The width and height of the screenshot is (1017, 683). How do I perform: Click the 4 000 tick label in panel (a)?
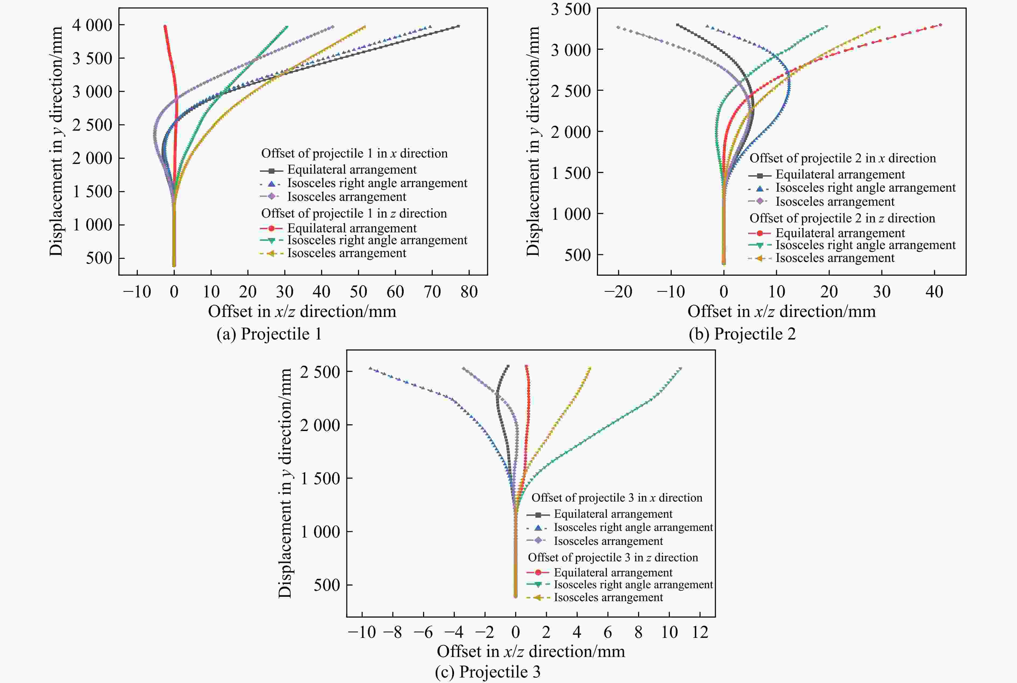[92, 25]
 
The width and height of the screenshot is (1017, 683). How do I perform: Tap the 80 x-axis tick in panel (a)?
[469, 291]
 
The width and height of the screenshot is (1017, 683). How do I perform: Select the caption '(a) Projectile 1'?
[269, 334]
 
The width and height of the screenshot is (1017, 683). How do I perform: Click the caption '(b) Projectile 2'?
[742, 334]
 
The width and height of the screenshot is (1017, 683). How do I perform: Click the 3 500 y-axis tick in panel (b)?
[571, 9]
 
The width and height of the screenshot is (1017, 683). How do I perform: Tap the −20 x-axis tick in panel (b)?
[618, 291]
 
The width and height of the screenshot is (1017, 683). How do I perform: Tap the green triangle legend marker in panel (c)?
[538, 584]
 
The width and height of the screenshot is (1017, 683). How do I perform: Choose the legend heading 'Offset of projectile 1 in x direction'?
[354, 153]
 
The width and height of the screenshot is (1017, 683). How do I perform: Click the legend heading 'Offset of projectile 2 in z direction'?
[842, 218]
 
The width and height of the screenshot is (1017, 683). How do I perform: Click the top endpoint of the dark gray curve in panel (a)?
[458, 26]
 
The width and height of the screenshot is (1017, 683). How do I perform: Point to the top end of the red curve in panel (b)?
[941, 25]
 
